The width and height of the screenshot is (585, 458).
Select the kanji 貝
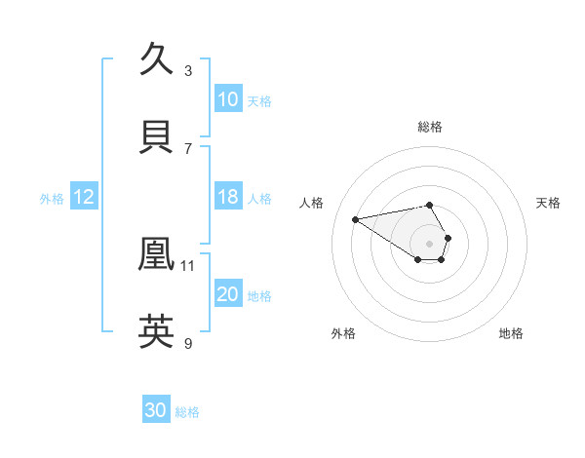[x=157, y=135]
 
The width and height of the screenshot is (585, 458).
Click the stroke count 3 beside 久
[x=188, y=70]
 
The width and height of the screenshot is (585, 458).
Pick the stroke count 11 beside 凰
[x=188, y=265]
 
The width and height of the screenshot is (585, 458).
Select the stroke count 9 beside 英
[x=188, y=343]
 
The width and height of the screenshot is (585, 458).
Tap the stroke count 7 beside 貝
[x=188, y=148]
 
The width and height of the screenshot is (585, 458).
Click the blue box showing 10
[x=228, y=99]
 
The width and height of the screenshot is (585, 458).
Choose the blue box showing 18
[x=228, y=197]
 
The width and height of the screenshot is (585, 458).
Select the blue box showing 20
[x=228, y=294]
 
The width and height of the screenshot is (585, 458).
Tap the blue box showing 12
[x=83, y=197]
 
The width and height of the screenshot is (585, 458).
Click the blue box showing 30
[x=156, y=410]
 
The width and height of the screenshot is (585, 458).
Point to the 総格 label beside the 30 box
[x=187, y=412]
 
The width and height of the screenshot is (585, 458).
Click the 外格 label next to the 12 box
[x=52, y=199]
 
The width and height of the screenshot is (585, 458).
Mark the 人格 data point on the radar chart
[x=356, y=218]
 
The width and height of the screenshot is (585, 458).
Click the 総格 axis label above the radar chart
[x=429, y=127]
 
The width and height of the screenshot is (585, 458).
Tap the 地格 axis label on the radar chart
[x=511, y=333]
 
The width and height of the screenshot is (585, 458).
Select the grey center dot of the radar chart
[x=429, y=243]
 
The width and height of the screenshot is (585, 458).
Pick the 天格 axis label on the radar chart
[x=548, y=203]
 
